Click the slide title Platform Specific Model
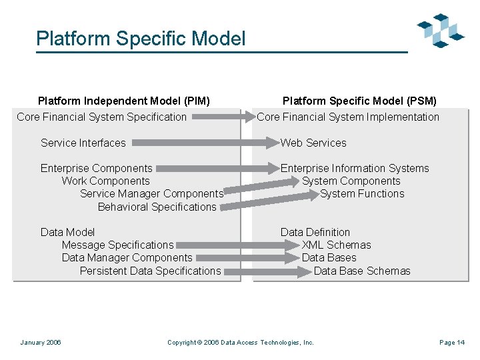tap(141, 39)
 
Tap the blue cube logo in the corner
tap(440, 31)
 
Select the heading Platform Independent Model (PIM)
tap(124, 101)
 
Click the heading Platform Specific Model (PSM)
tap(359, 101)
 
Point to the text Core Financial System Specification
tap(101, 117)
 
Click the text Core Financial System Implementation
tap(348, 117)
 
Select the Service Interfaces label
tap(83, 143)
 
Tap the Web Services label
tap(313, 143)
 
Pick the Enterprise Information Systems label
tap(355, 169)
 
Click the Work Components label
tap(106, 181)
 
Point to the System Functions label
tap(362, 194)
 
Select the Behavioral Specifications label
tap(157, 207)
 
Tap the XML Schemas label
tap(337, 245)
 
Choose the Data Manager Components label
tap(127, 258)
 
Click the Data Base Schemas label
tap(362, 271)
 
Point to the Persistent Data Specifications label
tap(151, 271)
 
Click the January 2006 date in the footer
tap(41, 343)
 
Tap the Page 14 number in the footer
tap(452, 343)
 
